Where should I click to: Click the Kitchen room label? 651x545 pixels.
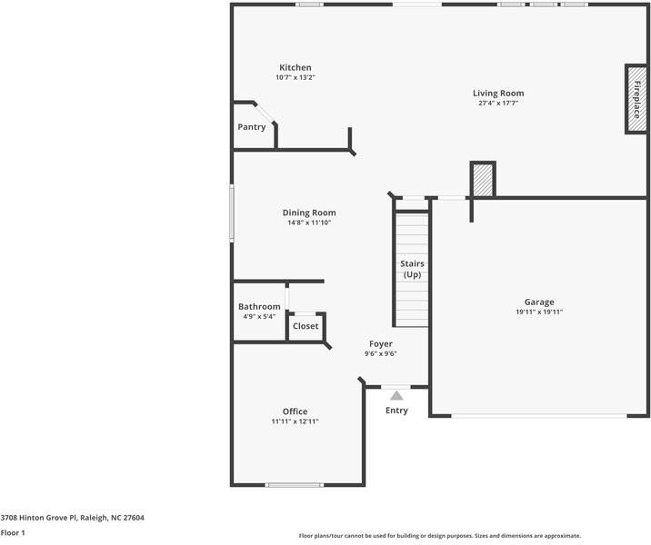click(x=295, y=68)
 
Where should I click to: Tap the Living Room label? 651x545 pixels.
click(x=498, y=93)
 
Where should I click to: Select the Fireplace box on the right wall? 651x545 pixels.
click(x=636, y=98)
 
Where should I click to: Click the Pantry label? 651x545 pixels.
click(x=252, y=127)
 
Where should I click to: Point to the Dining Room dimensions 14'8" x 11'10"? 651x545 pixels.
click(x=309, y=223)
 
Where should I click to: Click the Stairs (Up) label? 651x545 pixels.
click(x=412, y=269)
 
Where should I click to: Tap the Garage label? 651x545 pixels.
click(x=538, y=302)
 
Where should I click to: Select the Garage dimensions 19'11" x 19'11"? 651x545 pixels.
click(x=538, y=312)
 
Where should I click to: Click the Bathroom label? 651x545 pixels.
click(x=259, y=307)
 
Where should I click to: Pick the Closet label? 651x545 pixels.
click(x=305, y=326)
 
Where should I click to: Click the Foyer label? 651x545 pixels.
click(x=381, y=343)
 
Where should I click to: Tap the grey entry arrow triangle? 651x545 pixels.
click(x=396, y=395)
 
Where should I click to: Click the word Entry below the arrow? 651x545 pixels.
click(x=396, y=411)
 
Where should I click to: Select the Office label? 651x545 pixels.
click(x=295, y=411)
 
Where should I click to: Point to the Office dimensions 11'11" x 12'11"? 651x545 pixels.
click(x=295, y=421)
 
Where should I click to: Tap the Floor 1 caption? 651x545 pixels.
click(x=13, y=532)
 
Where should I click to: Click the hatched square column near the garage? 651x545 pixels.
click(x=482, y=179)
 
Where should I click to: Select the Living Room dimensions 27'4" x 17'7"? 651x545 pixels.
click(x=498, y=103)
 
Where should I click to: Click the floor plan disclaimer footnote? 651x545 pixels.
click(x=440, y=536)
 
